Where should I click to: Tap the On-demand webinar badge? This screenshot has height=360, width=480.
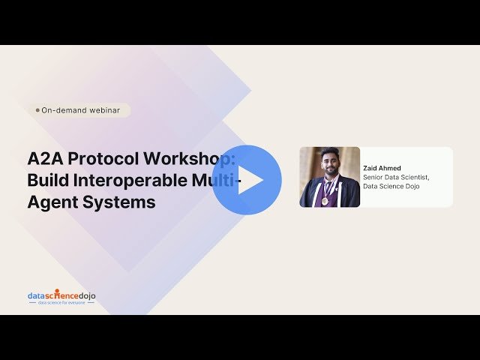[82, 110]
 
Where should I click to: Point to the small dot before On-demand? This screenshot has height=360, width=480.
[37, 110]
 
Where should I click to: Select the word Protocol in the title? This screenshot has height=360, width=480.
[100, 159]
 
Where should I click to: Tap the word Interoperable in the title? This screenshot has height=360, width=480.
[135, 180]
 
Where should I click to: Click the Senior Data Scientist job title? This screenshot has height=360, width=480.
[396, 178]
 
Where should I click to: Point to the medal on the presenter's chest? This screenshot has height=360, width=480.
[325, 201]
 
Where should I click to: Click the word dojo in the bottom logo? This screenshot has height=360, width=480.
[85, 295]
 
